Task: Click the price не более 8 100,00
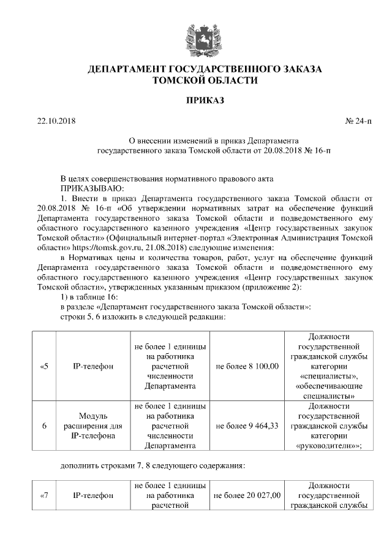click(247, 366)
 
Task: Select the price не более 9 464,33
click(247, 425)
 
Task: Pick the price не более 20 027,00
click(247, 495)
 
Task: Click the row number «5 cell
click(43, 366)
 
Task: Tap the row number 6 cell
click(43, 425)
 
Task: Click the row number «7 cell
click(43, 495)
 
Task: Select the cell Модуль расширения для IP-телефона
click(93, 425)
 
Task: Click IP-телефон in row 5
click(93, 366)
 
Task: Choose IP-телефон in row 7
click(93, 495)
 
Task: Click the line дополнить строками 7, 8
click(153, 465)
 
